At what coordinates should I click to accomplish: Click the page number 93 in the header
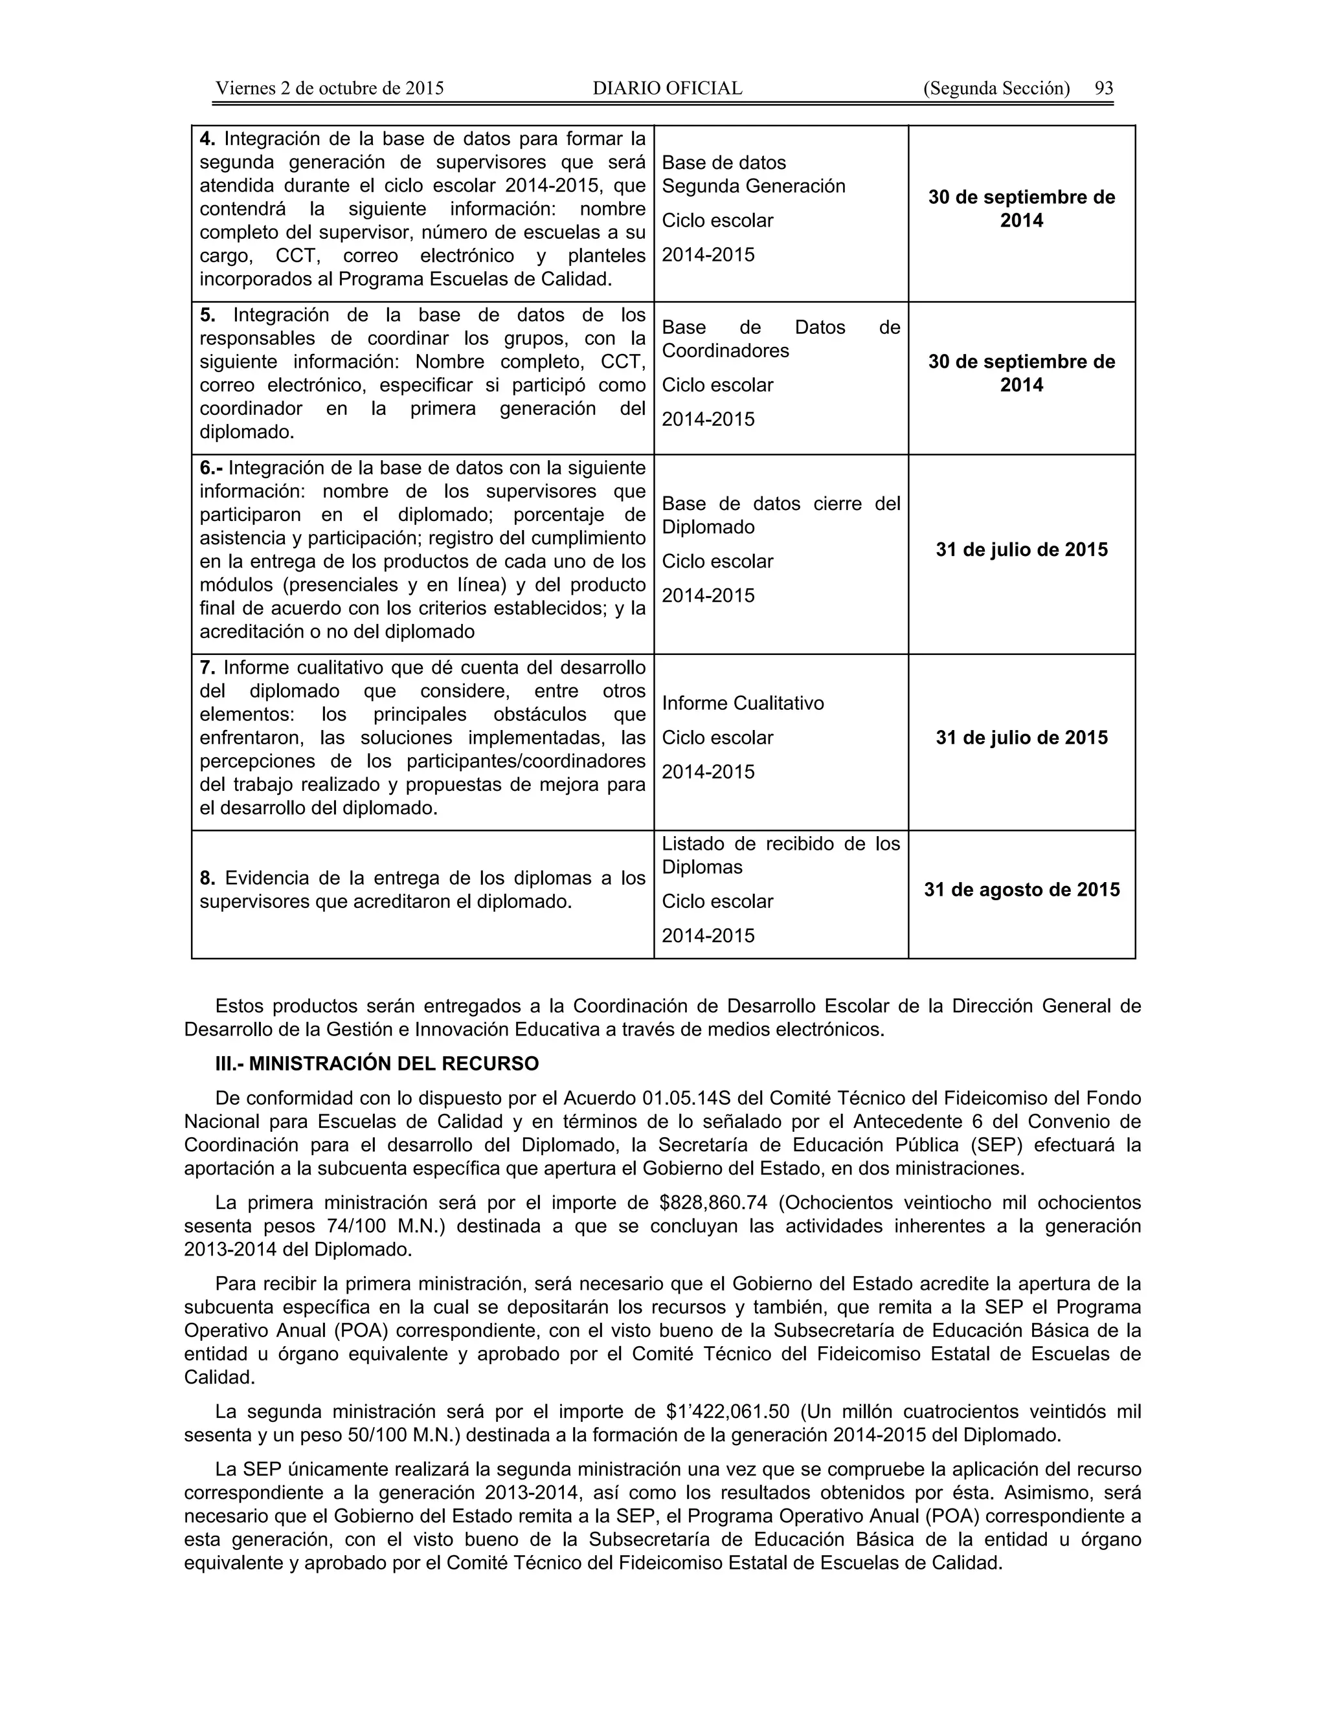(x=1104, y=88)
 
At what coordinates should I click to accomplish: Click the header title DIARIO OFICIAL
(x=667, y=88)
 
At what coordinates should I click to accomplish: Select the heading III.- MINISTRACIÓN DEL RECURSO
(x=377, y=1064)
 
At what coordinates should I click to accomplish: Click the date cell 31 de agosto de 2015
(x=1021, y=890)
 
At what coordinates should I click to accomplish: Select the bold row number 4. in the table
(x=207, y=139)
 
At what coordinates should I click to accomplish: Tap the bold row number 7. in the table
(x=207, y=669)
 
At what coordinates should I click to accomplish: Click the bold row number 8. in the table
(x=207, y=878)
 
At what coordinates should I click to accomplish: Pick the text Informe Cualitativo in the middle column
(x=743, y=703)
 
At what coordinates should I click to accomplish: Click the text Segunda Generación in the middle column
(x=754, y=186)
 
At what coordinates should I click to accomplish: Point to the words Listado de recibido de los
(x=780, y=844)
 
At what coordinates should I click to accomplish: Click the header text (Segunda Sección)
(x=996, y=88)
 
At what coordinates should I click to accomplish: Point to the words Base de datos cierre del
(x=780, y=503)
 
